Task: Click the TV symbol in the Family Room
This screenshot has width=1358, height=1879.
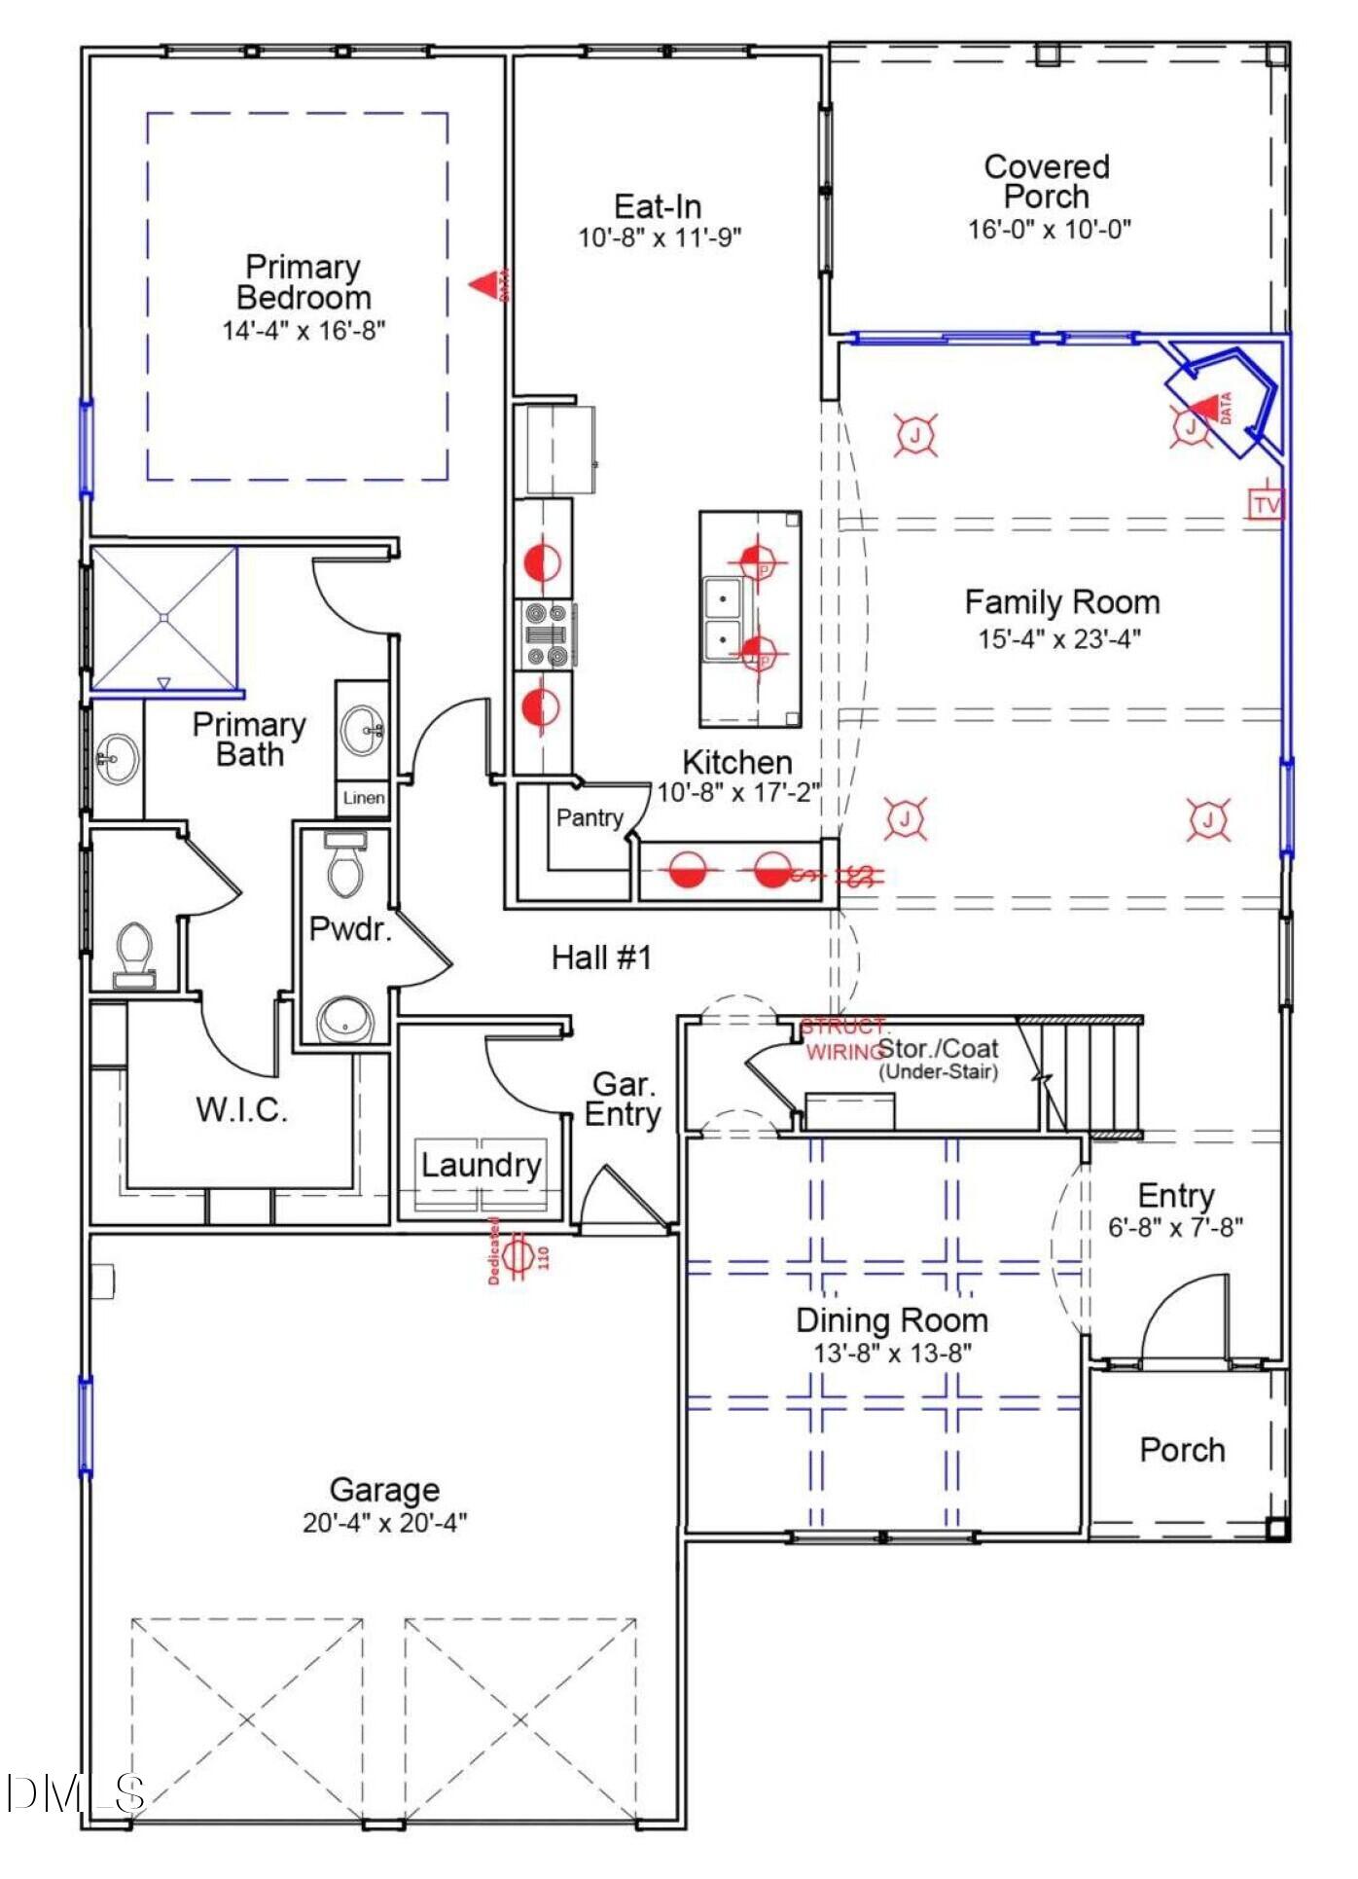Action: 1266,504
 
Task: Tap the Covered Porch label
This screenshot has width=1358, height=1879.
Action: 1047,182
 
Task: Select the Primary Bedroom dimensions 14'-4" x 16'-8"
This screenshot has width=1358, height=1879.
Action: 304,331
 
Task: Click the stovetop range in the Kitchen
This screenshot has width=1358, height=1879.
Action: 545,635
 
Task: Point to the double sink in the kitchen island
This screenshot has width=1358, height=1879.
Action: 722,618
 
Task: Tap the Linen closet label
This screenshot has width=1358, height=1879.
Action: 364,798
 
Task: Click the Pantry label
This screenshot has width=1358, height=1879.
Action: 590,817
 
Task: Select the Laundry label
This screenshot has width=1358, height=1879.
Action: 481,1165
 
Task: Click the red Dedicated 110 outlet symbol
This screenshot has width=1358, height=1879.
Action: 519,1256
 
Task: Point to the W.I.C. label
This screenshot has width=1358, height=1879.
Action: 241,1109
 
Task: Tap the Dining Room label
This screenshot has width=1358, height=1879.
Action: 892,1320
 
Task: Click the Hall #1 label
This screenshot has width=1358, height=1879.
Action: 601,958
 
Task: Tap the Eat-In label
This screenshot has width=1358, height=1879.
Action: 658,206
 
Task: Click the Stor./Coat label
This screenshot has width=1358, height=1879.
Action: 939,1049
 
